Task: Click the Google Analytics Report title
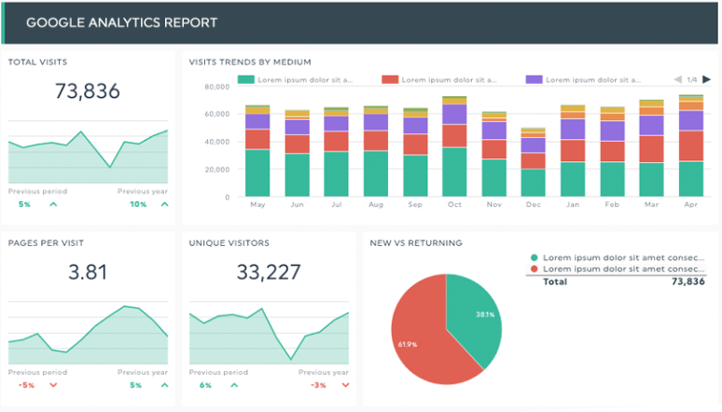[x=121, y=22]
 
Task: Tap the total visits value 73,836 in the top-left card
[x=88, y=91]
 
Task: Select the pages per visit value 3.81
[x=88, y=272]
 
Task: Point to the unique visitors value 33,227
[x=270, y=272]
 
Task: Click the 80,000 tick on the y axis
[x=215, y=87]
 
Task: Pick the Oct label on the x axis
[x=454, y=204]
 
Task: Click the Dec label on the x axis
[x=533, y=204]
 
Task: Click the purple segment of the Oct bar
[x=454, y=115]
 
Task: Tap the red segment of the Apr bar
[x=691, y=145]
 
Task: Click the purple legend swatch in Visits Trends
[x=535, y=80]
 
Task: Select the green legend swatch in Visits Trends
[x=246, y=80]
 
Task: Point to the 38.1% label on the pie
[x=484, y=315]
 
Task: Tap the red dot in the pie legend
[x=534, y=269]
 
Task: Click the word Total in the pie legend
[x=555, y=281]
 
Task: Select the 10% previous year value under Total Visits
[x=138, y=204]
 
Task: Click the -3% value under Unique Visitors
[x=320, y=385]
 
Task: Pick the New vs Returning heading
[x=416, y=243]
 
